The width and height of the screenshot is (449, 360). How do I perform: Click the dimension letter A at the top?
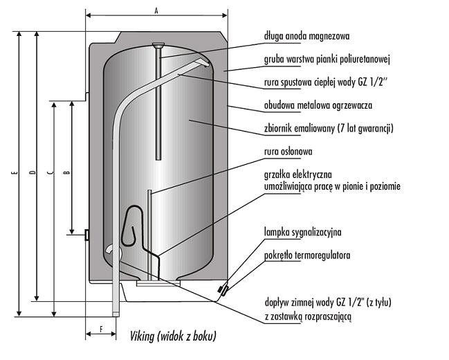[x=156, y=10]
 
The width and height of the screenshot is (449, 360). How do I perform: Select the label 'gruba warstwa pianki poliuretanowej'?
[x=328, y=60]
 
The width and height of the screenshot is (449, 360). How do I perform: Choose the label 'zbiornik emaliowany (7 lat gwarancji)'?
[x=329, y=129]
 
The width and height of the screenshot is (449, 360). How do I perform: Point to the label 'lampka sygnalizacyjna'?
[x=302, y=232]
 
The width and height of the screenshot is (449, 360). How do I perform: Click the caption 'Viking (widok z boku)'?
[x=173, y=336]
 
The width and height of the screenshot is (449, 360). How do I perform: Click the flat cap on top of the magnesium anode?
[x=158, y=47]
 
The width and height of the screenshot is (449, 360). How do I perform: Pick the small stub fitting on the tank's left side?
[x=86, y=235]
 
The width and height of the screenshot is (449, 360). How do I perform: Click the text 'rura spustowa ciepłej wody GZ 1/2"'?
[x=325, y=83]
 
